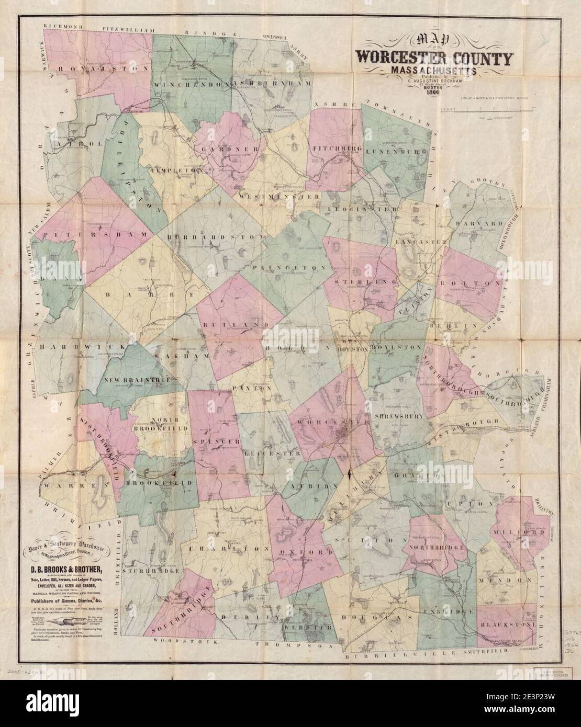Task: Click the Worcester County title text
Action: click(x=434, y=57)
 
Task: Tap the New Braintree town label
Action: click(x=136, y=380)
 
